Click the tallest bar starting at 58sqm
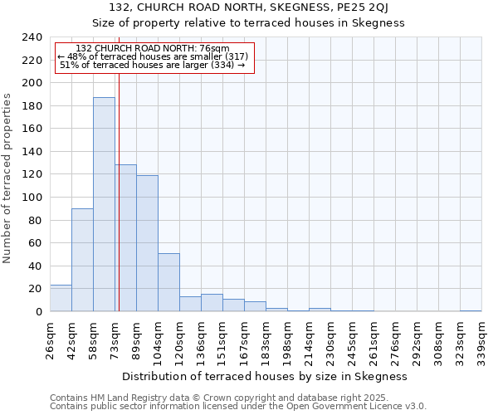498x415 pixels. pos(104,204)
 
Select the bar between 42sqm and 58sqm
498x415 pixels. pos(82,260)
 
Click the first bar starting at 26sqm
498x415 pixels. pos(61,298)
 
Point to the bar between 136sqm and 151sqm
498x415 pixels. pos(212,303)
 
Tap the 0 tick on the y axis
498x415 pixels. pos(38,312)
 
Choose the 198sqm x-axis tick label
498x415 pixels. pos(288,339)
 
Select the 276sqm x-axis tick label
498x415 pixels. pos(396,339)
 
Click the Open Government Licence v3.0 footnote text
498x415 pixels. pos(343,407)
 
